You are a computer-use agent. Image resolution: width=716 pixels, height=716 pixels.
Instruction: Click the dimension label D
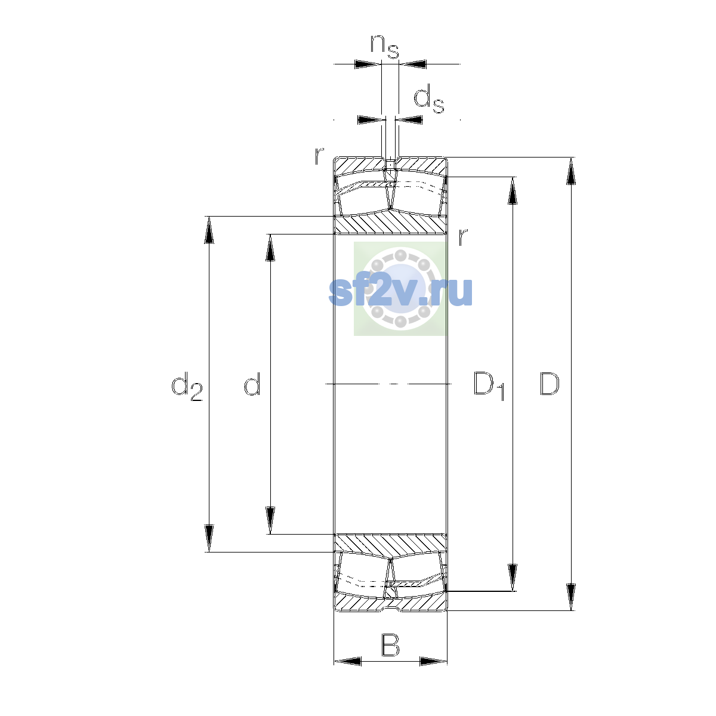tap(549, 384)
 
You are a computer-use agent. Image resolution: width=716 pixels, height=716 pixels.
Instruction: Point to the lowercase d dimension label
tap(252, 384)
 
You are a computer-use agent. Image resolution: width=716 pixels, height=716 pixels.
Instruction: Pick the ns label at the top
tap(385, 47)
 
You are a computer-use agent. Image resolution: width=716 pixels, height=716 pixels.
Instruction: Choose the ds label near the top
tap(429, 98)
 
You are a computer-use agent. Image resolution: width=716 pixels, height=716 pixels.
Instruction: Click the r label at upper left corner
tap(319, 156)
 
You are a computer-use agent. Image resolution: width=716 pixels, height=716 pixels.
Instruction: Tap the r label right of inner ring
tap(462, 237)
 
